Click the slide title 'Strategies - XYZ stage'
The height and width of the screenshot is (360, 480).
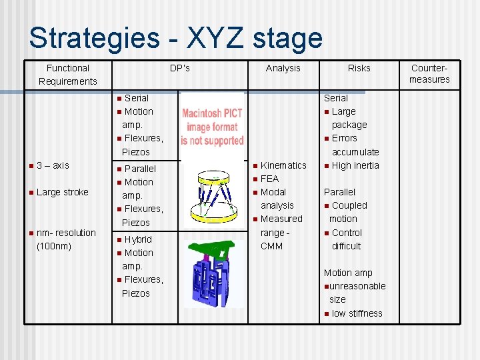point(175,38)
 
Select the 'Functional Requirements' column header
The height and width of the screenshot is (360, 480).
point(67,75)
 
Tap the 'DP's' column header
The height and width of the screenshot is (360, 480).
point(179,68)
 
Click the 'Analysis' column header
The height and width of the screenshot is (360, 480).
point(283,68)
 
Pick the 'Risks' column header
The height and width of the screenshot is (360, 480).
point(359,68)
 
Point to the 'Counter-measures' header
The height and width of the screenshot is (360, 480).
point(429,74)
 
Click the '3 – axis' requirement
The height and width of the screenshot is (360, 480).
point(53,165)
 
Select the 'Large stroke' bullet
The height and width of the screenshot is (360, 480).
point(62,192)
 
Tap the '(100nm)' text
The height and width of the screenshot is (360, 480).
point(54,246)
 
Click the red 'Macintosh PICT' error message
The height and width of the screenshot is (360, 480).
point(213,127)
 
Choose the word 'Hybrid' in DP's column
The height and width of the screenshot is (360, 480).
point(138,239)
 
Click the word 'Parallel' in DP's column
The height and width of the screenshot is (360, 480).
point(140,169)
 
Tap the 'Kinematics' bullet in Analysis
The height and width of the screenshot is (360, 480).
point(283,165)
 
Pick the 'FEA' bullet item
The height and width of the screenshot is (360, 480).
point(269,179)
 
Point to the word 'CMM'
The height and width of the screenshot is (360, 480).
point(271,246)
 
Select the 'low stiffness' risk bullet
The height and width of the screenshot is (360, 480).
point(357,313)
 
